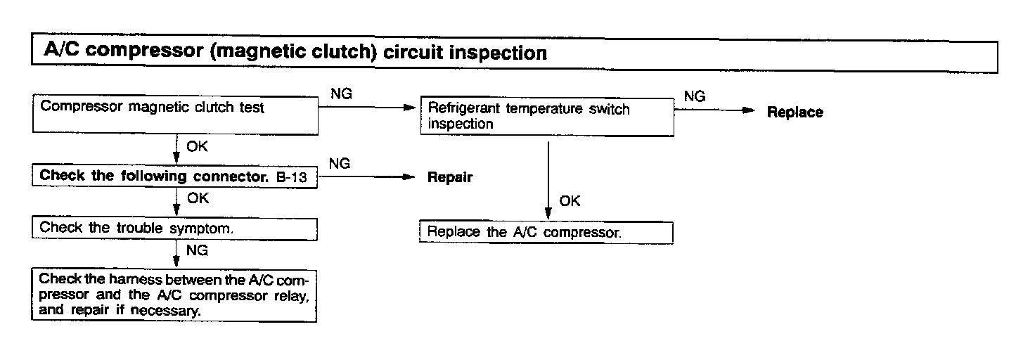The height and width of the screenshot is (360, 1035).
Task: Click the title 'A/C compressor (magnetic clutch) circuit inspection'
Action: pyautogui.click(x=295, y=53)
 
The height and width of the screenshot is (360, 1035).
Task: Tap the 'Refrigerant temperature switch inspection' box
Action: pyautogui.click(x=546, y=117)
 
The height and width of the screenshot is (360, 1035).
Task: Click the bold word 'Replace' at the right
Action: pyautogui.click(x=795, y=112)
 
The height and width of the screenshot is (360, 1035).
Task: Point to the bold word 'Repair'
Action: pyautogui.click(x=450, y=177)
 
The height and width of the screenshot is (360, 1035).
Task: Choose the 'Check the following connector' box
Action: pyautogui.click(x=175, y=176)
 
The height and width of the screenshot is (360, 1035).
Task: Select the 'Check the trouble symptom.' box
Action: pyautogui.click(x=175, y=228)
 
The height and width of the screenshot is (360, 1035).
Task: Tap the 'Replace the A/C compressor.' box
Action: pyautogui.click(x=546, y=233)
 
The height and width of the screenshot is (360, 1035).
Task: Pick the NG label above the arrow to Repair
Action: pyautogui.click(x=340, y=164)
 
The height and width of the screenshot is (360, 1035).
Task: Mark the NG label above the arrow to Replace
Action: pyautogui.click(x=694, y=97)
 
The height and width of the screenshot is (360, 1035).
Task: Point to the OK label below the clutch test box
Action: pyautogui.click(x=198, y=148)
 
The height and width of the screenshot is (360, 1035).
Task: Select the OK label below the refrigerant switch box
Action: pyautogui.click(x=570, y=201)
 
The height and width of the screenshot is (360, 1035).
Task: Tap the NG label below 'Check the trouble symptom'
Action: pyautogui.click(x=197, y=250)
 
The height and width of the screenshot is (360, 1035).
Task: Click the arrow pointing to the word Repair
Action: pyautogui.click(x=366, y=178)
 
